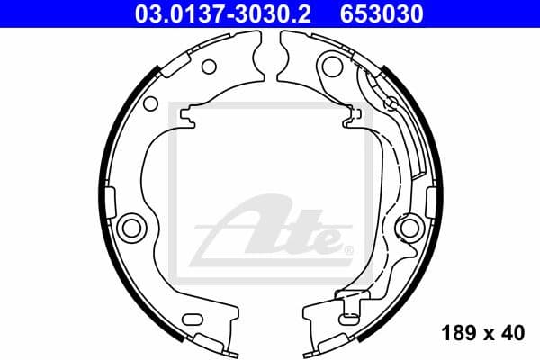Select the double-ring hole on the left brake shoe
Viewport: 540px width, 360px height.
pyautogui.click(x=131, y=225)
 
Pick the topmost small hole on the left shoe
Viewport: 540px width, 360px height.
pyautogui.click(x=208, y=66)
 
